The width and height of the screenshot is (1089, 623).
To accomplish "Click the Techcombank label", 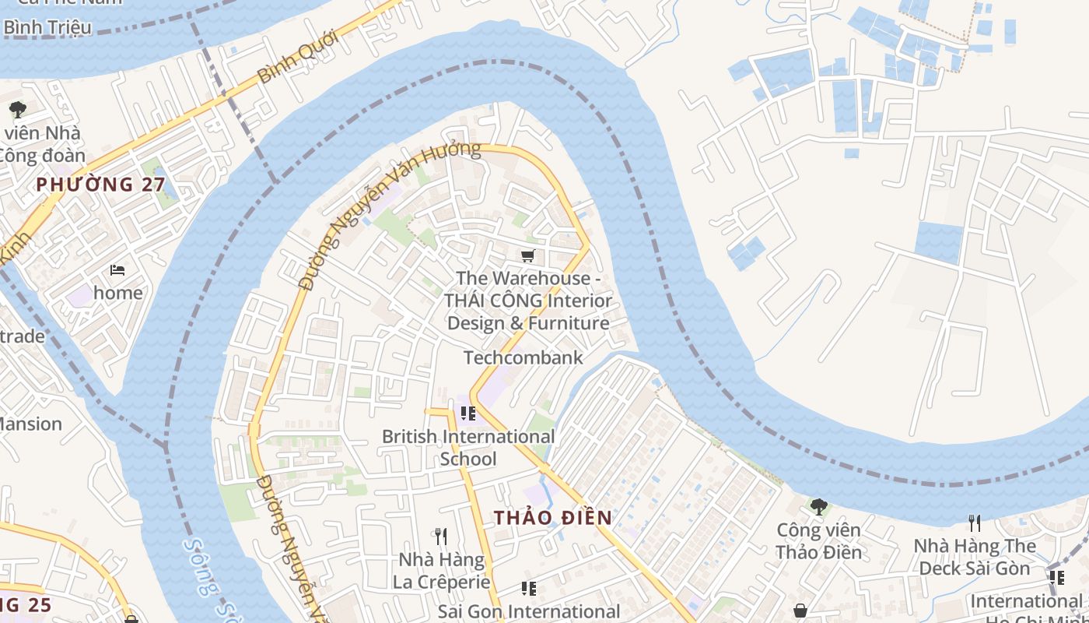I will click(523, 357).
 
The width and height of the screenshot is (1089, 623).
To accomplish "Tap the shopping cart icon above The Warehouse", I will click(528, 255).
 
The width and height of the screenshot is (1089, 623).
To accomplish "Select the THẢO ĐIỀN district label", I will click(552, 518).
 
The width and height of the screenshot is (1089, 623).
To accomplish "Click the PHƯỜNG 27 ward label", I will click(100, 185).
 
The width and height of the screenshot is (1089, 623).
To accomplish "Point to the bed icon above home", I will click(117, 270).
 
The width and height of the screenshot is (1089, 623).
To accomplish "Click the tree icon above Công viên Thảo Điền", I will click(818, 507).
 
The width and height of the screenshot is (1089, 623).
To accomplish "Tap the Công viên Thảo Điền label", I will click(818, 541).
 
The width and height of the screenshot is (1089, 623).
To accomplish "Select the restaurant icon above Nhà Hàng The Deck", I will click(973, 523).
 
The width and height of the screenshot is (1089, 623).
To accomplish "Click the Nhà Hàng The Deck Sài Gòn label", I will click(975, 557).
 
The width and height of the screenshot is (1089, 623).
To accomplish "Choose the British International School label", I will click(468, 448).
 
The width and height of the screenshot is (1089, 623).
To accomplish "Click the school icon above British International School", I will click(467, 414).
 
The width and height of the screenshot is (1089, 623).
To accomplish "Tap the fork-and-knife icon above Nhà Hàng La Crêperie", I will click(441, 536).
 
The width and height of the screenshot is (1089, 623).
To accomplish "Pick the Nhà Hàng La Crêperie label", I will click(441, 571).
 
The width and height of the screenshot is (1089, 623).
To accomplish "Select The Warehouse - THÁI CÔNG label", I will click(528, 301).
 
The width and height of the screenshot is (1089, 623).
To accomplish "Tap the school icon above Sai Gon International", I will click(529, 589).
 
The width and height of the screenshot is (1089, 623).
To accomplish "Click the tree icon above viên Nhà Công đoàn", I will click(17, 109).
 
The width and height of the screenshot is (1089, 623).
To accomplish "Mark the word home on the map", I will click(118, 293).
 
